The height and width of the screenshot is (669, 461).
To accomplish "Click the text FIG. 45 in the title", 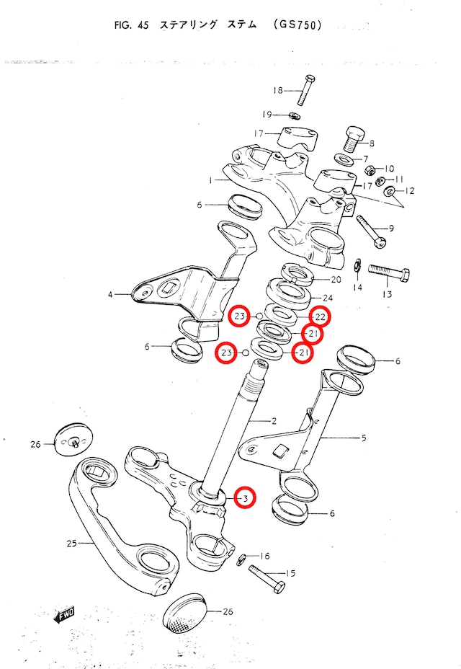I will coord(130,25).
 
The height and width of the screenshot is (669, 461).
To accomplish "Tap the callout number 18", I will coord(278,90).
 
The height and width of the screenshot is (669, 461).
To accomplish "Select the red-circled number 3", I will coord(244,497).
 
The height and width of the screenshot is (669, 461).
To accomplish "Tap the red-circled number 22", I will coord(321,316).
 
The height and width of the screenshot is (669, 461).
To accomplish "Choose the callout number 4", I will coord(111,294).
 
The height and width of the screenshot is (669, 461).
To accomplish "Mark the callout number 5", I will coord(363,437).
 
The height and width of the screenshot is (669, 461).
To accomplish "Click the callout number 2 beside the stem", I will coord(273,420).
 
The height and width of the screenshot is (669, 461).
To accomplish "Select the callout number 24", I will coord(328,297).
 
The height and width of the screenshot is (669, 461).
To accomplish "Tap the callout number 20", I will coord(335,280).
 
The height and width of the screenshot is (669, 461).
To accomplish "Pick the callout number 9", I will coord(391,229).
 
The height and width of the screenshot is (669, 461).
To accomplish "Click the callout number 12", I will coord(411,191).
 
